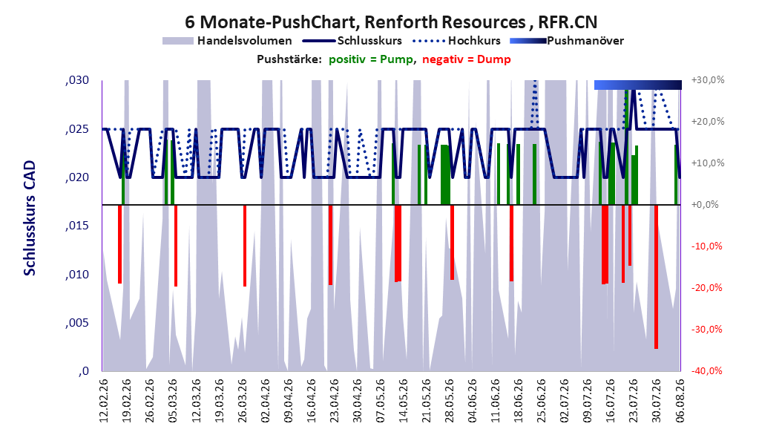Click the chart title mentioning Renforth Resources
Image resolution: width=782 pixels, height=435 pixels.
coord(390,22)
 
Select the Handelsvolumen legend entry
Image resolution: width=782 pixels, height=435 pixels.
coord(228,41)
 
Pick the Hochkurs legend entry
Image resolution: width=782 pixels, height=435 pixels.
coord(457,41)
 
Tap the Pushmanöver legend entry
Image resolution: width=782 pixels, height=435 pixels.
coord(567,41)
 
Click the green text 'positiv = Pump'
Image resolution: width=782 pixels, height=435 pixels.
coord(371,59)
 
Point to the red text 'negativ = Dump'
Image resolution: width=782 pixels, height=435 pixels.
coord(467,59)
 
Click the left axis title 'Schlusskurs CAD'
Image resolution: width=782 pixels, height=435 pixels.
coord(30,218)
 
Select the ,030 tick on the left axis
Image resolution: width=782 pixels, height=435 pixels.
coord(77,80)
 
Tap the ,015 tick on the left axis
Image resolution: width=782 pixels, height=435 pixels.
coord(77,226)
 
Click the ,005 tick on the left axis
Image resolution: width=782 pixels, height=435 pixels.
coord(77,323)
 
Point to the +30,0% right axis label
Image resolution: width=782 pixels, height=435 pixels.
coord(708,80)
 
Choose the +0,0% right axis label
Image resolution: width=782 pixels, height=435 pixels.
coord(705,205)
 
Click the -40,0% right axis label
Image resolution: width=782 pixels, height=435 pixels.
coord(706,370)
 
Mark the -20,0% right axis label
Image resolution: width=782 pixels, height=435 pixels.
coord(706,288)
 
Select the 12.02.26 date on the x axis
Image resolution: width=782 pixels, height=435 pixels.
coord(104,401)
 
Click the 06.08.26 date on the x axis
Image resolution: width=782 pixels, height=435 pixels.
coord(679,401)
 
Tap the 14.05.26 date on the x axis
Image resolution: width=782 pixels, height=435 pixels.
coord(403,401)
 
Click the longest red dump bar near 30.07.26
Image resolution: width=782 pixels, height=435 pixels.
coord(657,277)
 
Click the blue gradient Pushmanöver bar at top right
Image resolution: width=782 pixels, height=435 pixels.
coord(638,85)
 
